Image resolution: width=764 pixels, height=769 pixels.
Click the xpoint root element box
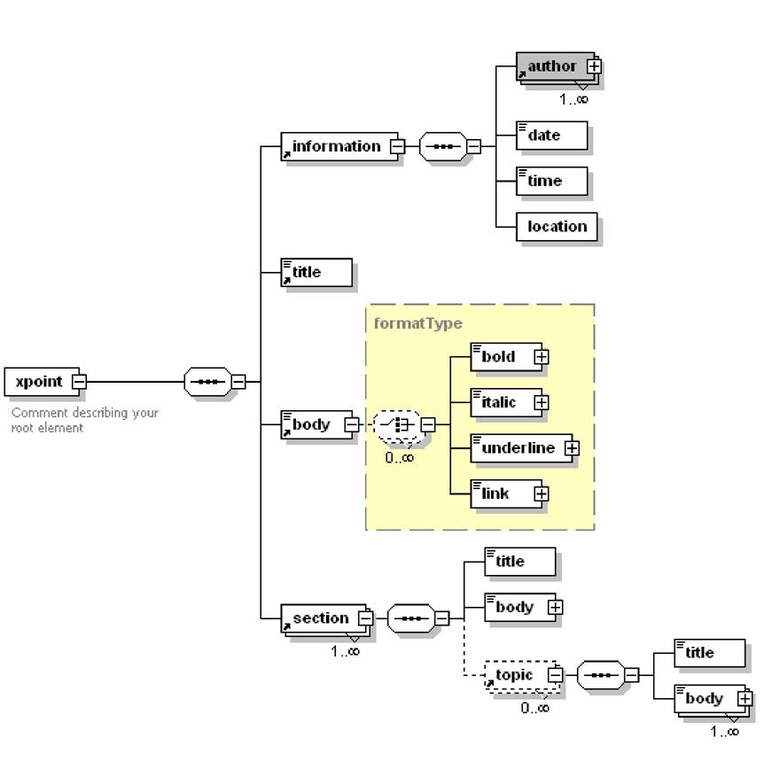point(39,382)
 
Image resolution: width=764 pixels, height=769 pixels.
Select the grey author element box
point(554,66)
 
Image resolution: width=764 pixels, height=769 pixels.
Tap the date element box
point(550,136)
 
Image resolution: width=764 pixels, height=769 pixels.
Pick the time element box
point(552,181)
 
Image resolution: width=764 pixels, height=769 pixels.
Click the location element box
point(556,227)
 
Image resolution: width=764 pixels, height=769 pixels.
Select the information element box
point(337,147)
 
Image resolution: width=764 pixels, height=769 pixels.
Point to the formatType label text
point(417,323)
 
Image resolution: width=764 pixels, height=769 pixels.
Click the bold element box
point(503,357)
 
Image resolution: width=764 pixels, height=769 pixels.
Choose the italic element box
point(503,403)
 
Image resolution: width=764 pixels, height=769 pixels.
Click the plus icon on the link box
point(541,494)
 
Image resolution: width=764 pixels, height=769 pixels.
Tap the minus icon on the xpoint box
point(79,382)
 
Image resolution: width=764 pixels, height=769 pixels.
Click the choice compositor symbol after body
point(395,425)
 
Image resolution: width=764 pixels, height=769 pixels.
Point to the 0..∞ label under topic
point(534,708)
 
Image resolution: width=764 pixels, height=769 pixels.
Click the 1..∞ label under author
point(573,99)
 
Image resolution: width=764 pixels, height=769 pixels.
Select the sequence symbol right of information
point(442,147)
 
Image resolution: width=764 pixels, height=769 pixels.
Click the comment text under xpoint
point(84,420)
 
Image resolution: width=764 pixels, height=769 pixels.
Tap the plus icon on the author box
point(595,66)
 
